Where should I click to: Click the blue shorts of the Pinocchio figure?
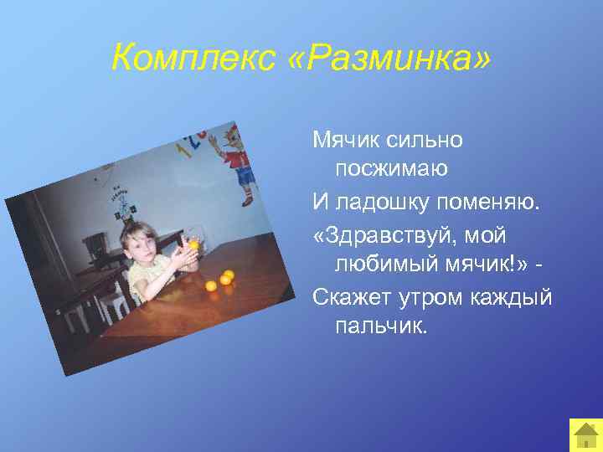coord(244,175)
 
